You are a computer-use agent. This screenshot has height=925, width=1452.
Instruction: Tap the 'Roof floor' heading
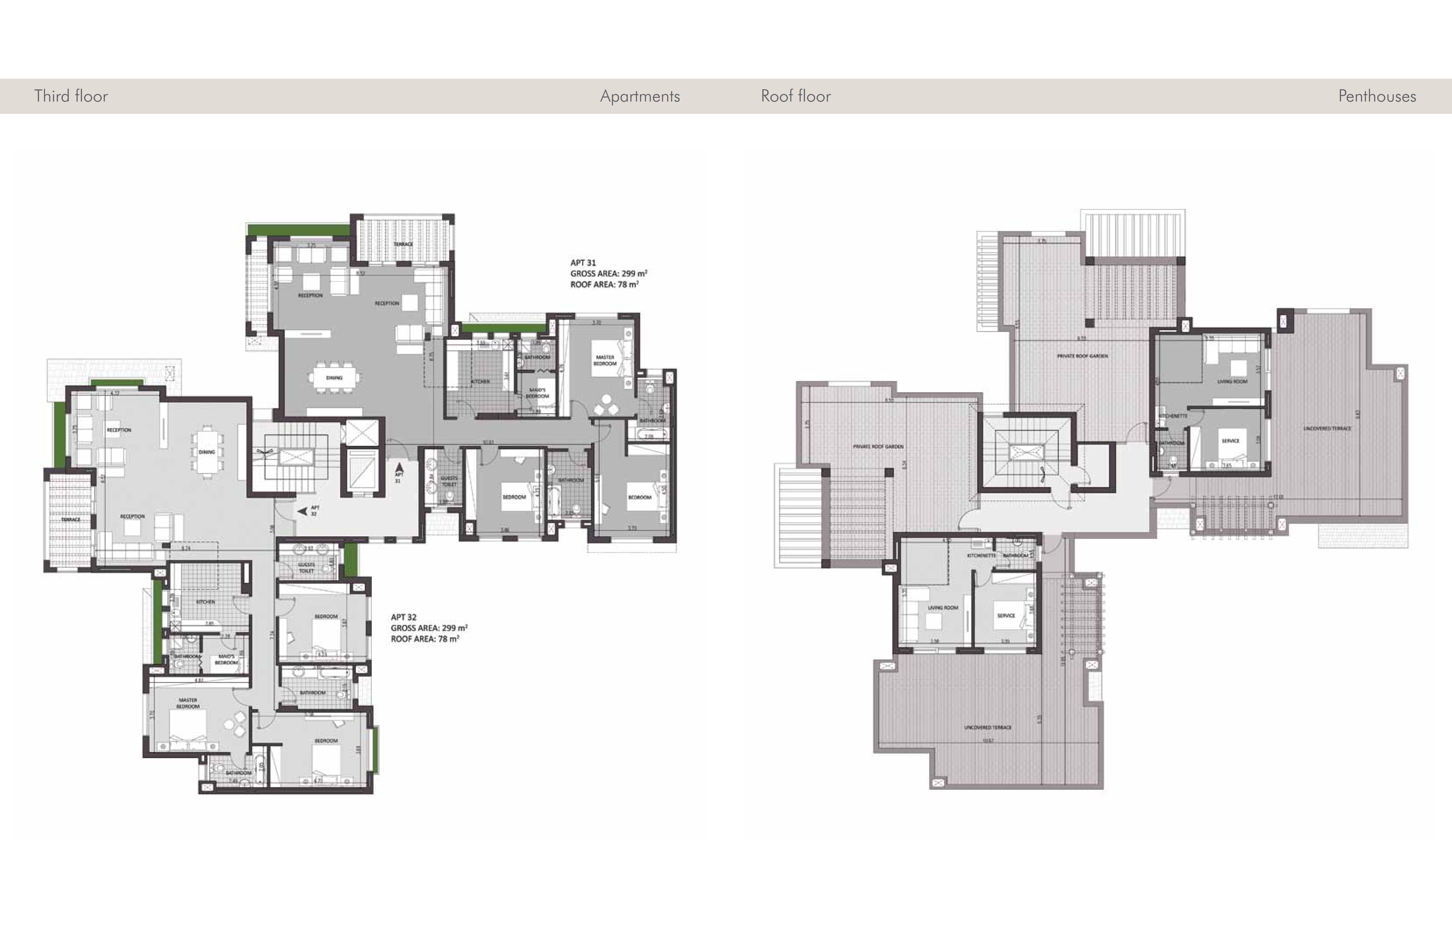click(795, 96)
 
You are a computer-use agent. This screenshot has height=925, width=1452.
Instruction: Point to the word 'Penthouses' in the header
click(1377, 96)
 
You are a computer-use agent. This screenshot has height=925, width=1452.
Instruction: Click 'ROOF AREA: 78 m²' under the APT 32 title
click(424, 639)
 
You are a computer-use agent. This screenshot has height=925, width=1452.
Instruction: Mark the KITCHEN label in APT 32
click(205, 602)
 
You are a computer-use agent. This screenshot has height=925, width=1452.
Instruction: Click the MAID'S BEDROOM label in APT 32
click(226, 659)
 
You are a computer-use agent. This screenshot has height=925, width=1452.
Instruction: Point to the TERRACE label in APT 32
click(71, 519)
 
